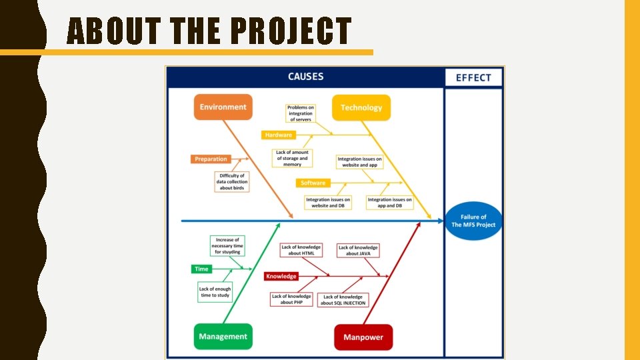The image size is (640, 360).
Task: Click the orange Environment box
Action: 223,107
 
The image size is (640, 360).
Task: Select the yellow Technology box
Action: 361,107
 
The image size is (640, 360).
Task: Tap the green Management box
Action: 223,337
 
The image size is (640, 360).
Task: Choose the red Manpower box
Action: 363,337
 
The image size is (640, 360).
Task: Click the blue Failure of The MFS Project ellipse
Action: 473,221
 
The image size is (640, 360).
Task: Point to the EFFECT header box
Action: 473,77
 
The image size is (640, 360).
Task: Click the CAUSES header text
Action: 305,77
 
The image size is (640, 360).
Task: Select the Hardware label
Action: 279,135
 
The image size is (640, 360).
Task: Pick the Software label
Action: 313,183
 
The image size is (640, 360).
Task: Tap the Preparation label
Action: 211,159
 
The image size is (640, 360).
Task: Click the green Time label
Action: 201,269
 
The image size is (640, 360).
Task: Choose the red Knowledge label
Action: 281,276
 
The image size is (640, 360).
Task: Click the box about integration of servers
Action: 300,113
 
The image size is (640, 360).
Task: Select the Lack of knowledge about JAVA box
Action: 358,251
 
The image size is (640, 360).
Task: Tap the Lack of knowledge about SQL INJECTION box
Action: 343,300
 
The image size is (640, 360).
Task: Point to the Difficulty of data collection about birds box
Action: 232,182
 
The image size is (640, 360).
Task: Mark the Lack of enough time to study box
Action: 215,292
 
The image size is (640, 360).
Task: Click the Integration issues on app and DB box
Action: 390,203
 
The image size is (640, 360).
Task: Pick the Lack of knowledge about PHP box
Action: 291,299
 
